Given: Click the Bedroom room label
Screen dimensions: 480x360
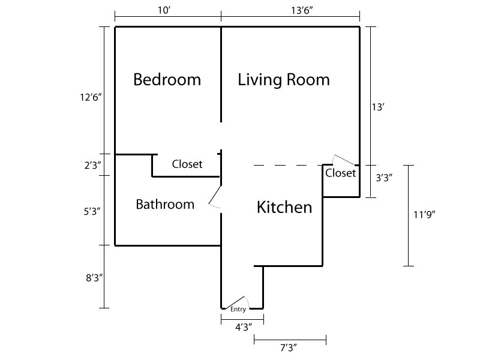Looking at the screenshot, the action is (x=167, y=80).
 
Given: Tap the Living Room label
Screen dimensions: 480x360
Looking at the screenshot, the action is (x=284, y=80).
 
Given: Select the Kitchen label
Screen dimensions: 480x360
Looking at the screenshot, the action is (x=284, y=207).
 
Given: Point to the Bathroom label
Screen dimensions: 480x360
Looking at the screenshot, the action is (x=165, y=204).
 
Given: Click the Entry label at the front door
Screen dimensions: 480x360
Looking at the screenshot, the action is (x=238, y=309).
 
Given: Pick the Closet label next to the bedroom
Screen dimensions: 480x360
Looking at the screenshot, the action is (x=187, y=164).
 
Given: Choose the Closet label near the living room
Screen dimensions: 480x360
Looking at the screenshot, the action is (x=340, y=173).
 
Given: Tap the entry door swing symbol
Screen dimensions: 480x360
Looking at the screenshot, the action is (x=238, y=302).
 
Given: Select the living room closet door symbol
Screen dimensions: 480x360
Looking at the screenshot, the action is (x=344, y=160).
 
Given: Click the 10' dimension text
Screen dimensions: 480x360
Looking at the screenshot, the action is (x=164, y=10).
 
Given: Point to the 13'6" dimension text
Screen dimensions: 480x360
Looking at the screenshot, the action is (x=302, y=10).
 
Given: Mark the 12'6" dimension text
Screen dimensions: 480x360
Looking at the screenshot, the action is (x=91, y=97).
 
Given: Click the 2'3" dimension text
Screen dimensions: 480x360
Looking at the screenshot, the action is (x=93, y=166).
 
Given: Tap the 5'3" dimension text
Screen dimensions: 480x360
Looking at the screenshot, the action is (x=92, y=211).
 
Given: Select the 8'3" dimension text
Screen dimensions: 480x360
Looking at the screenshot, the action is (x=94, y=278).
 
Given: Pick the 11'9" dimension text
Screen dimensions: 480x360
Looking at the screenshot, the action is (x=424, y=215).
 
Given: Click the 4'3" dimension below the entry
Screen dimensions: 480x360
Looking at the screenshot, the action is (x=244, y=327).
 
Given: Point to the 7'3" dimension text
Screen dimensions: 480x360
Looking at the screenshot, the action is (x=289, y=347).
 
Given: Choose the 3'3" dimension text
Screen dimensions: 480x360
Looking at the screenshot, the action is (x=384, y=178).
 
